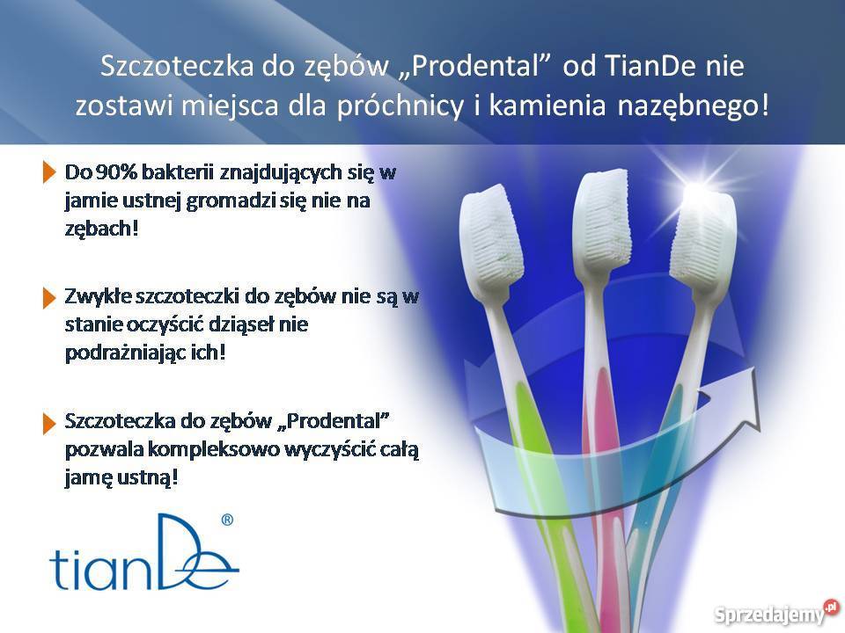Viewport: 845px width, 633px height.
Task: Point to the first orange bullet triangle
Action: (x=48, y=172)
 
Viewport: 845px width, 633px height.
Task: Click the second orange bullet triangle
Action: (x=48, y=297)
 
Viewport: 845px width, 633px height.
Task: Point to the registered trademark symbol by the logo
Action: (x=226, y=520)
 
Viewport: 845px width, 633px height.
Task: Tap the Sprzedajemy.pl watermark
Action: (x=775, y=612)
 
